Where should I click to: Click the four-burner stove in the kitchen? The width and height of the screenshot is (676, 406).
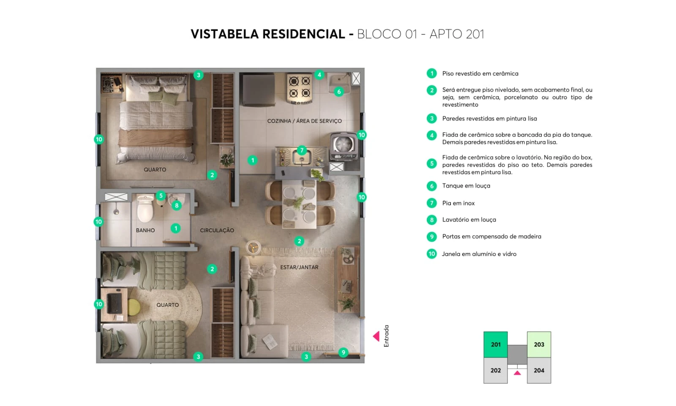coord(300,87)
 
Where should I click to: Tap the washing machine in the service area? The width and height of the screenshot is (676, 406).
coord(343,146)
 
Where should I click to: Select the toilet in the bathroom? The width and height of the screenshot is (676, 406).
coord(145,208)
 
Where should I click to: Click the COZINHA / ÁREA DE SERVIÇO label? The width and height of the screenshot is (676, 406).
coord(304,121)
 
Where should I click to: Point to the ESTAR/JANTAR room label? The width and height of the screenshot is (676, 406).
coord(299,267)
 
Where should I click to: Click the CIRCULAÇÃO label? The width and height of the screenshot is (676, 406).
coord(217,230)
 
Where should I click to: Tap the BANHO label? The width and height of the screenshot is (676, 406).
coord(145,230)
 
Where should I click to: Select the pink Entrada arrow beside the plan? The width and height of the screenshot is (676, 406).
coord(376,336)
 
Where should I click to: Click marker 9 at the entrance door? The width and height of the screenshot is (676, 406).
coord(343,352)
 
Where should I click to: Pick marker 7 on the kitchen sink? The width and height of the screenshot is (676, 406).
coord(302,150)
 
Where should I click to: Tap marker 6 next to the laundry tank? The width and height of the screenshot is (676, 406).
coord(339,91)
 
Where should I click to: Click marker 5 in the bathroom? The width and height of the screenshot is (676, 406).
coord(161,196)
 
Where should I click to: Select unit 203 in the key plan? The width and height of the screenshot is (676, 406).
coord(539,345)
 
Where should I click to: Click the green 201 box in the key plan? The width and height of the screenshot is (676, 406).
coord(496,345)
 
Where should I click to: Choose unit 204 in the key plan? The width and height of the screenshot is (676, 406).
coord(539,370)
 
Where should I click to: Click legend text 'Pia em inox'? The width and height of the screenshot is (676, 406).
coord(458,203)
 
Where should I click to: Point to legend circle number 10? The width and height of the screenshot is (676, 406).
coord(431,254)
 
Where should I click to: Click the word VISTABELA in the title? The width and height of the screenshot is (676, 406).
coord(225,34)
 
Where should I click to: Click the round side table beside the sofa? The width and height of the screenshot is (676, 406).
coord(253,247)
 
